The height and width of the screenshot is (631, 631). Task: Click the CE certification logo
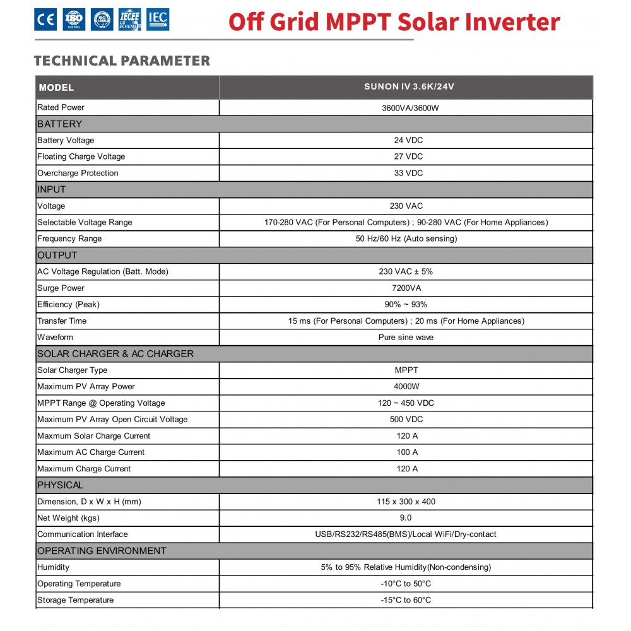pyautogui.click(x=45, y=20)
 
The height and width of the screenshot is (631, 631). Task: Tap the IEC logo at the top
pyautogui.click(x=158, y=20)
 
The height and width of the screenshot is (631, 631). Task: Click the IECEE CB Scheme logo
pyautogui.click(x=130, y=20)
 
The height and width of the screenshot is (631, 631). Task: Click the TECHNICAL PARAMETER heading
pyautogui.click(x=122, y=61)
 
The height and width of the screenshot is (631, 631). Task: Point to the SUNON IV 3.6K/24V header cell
pyautogui.click(x=409, y=87)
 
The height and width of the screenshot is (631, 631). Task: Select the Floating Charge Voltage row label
pyautogui.click(x=81, y=156)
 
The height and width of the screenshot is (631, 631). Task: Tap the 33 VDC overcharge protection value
pyautogui.click(x=408, y=173)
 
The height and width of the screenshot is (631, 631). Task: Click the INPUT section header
pyautogui.click(x=52, y=189)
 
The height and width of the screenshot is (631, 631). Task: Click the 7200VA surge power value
pyautogui.click(x=406, y=288)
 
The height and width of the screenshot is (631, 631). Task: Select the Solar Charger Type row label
pyautogui.click(x=73, y=370)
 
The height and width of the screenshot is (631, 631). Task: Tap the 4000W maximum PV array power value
pyautogui.click(x=407, y=386)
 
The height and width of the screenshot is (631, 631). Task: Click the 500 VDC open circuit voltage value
pyautogui.click(x=406, y=419)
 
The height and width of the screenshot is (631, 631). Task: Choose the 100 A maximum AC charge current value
pyautogui.click(x=407, y=452)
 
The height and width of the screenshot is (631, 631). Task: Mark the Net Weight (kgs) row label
pyautogui.click(x=68, y=518)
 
